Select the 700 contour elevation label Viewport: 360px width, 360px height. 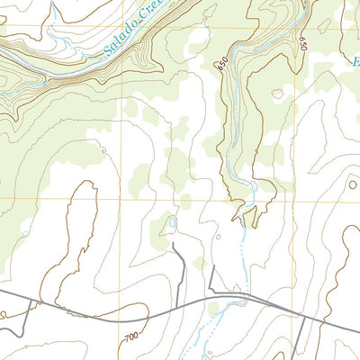[132, 336]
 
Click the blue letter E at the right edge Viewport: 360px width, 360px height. [355, 63]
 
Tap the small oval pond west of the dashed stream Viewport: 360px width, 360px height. [218, 238]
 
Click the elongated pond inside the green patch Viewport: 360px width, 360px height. [171, 220]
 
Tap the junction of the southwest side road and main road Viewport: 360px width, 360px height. [36, 301]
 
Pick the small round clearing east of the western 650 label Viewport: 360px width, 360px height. [277, 93]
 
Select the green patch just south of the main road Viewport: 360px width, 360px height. [213, 310]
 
